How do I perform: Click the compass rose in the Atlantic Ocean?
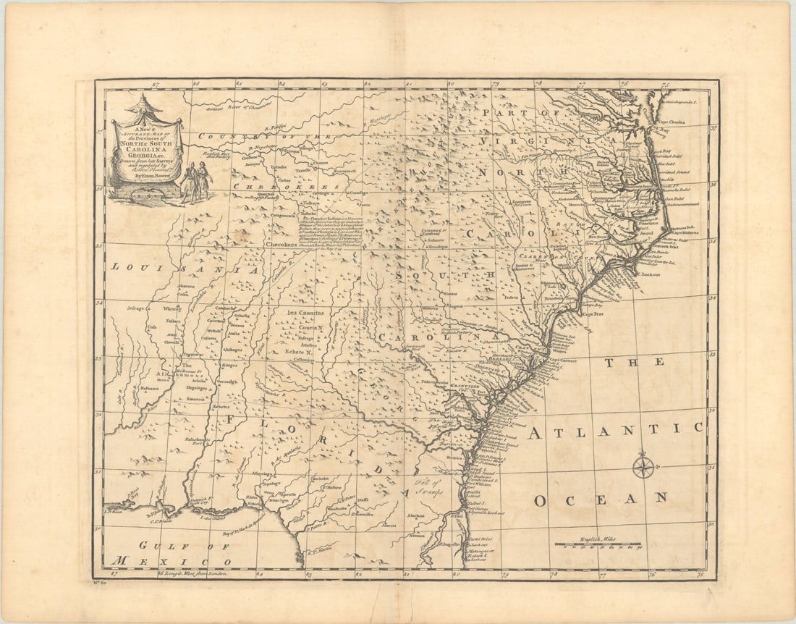(643, 465)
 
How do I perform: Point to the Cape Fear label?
(593, 314)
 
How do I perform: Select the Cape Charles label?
(676, 122)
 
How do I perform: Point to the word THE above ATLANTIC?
(635, 363)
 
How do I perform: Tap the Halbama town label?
(150, 387)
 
